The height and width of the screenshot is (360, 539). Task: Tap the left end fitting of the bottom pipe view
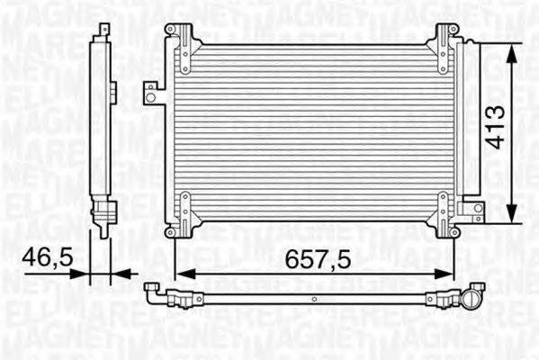point(154,290)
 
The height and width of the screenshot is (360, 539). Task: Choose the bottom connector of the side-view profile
point(105,216)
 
